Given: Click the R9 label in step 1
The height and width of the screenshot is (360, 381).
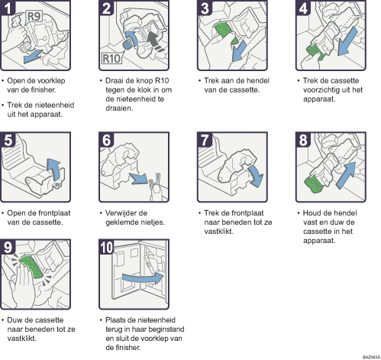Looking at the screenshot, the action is pos(34,16).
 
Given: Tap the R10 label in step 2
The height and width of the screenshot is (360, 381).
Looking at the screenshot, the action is pos(111,58).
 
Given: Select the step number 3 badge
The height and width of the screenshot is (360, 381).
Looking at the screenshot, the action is pos(205,8).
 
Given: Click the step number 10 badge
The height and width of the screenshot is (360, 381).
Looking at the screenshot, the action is pos(106,247).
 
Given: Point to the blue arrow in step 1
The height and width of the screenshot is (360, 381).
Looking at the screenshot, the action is pos(33,57).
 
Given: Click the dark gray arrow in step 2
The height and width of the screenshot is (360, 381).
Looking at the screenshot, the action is pos(156,41).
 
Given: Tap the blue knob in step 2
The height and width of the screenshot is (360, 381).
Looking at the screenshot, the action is pos(128,44).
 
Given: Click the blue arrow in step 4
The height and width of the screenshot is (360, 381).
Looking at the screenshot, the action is pos(347,42).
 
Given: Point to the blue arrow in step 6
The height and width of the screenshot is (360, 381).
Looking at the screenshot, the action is pos(139,178).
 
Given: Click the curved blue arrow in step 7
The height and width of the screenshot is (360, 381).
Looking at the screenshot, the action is pos(257,174).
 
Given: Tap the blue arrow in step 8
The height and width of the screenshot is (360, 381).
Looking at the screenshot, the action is pos(347,175).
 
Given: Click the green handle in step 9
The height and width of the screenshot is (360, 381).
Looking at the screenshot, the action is pos(32,266).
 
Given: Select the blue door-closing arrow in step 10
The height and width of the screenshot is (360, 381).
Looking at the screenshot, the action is pos(143,278).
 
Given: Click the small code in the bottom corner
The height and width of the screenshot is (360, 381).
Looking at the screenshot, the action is pos(371,357).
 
